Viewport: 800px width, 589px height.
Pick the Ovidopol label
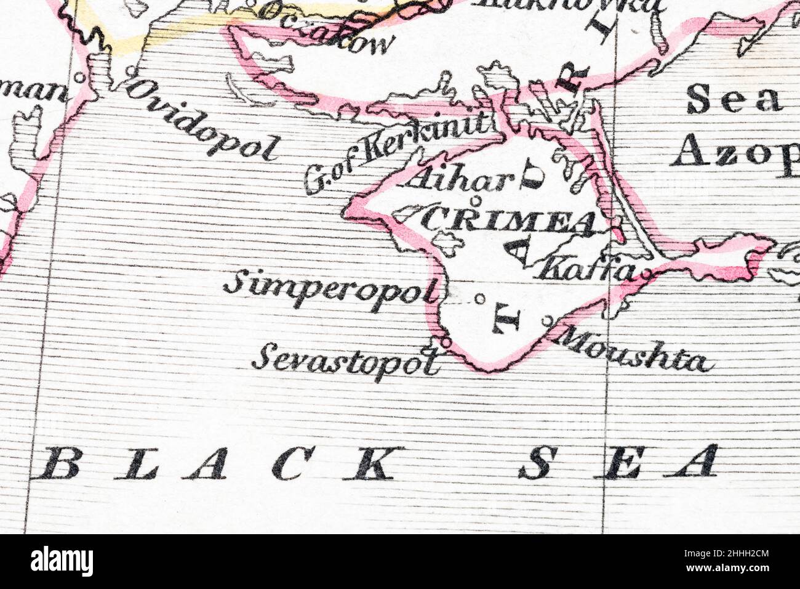coord(202,121)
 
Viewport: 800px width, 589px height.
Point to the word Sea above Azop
coord(733,100)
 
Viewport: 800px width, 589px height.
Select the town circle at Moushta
coord(548,320)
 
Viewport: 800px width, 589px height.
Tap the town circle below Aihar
coord(474,200)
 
